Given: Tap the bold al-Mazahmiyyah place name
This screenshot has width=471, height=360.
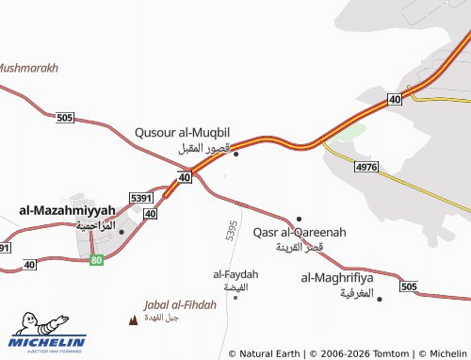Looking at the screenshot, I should [67, 209].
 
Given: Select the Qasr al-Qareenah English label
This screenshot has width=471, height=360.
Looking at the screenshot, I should [300, 232].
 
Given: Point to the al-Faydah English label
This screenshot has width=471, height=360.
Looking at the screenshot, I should [235, 274].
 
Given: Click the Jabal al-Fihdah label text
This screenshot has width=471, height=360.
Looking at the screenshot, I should [180, 304].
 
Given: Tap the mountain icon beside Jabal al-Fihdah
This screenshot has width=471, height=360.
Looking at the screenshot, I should [132, 319].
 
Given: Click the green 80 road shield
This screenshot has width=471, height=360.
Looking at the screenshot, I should [96, 259].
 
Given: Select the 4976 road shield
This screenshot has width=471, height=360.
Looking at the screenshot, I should [366, 167].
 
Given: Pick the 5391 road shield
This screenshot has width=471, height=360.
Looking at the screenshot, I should [141, 198].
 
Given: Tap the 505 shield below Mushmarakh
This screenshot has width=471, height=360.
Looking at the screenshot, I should [64, 118].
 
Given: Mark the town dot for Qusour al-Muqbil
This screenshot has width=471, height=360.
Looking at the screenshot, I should [235, 154].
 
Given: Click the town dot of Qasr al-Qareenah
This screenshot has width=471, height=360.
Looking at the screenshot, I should [300, 219].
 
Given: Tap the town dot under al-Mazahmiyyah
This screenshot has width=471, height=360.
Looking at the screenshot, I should [122, 231].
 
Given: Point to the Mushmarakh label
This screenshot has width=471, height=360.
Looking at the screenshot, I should [28, 69].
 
